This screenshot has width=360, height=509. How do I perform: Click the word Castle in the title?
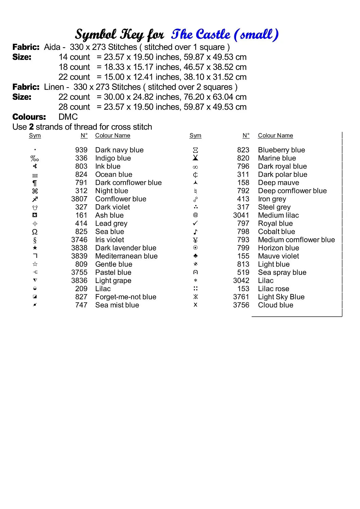coord(213,35)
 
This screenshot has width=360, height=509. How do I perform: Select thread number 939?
coord(81,150)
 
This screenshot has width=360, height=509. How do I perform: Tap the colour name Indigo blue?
coord(113,158)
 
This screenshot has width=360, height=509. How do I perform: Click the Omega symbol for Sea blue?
coord(35,232)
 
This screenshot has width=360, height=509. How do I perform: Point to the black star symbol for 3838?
coord(35,248)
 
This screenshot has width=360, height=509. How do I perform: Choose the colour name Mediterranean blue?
coord(126,256)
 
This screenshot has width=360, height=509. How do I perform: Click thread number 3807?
coord(79,199)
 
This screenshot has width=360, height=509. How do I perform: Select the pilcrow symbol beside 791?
coord(35,183)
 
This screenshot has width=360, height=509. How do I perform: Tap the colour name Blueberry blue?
coord(281,150)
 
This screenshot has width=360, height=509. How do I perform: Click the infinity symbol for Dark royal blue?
coord(195,167)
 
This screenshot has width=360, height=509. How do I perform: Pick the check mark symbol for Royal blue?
coord(195,223)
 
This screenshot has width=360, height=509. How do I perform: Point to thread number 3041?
coord(241,215)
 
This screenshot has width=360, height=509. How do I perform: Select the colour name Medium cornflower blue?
coord(296,240)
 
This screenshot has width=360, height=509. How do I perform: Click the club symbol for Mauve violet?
coord(195,256)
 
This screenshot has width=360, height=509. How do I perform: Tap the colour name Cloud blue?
coord(275,305)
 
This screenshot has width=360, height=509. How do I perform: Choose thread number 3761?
coord(241,297)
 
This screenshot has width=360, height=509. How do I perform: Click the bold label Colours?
coord(29,117)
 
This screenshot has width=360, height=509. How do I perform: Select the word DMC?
coord(68,117)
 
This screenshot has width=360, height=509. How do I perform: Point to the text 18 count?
coord(74,67)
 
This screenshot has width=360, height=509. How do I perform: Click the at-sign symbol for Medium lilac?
coord(195,215)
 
